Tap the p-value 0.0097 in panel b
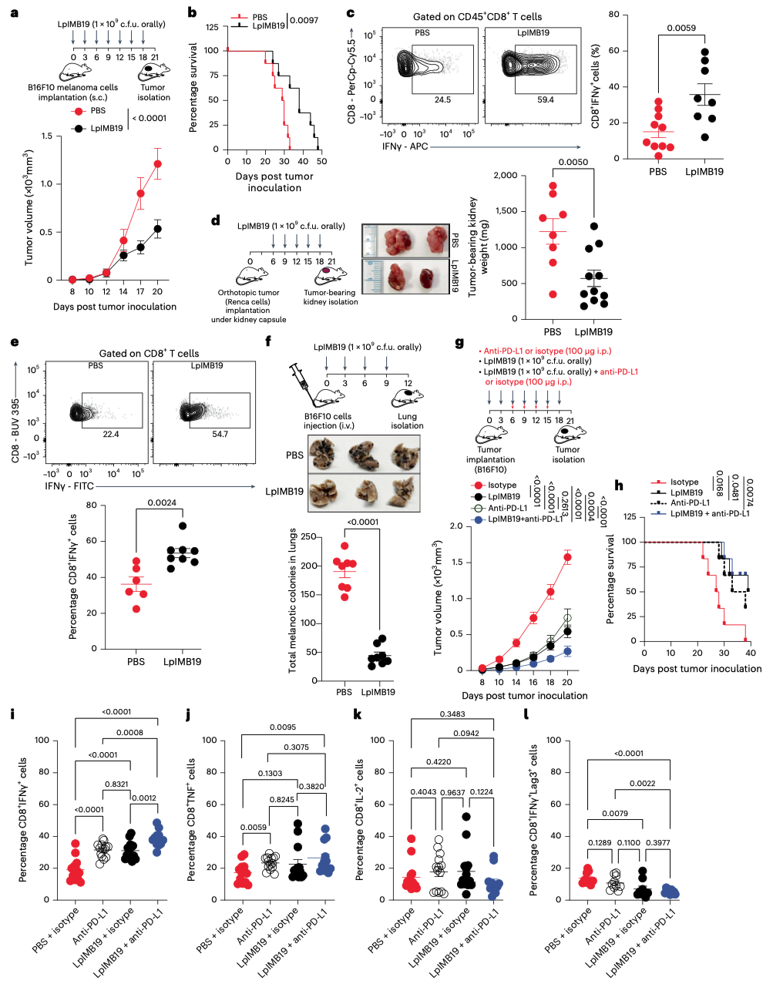coord(303,19)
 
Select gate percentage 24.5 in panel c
coord(442,99)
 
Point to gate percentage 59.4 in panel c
coord(545,99)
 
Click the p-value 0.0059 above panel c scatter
coord(681,28)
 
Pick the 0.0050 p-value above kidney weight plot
coord(573,162)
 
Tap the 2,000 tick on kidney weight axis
coord(505,175)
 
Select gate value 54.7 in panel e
coord(220,435)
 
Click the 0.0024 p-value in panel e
coord(162,502)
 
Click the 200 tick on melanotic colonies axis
coord(310,566)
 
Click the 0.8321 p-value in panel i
coord(116,784)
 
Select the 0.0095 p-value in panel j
coord(283,727)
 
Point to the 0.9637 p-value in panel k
coord(452,792)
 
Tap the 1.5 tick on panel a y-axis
coord(47,136)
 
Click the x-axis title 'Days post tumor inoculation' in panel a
coord(115,307)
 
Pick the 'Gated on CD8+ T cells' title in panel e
coord(149,353)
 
